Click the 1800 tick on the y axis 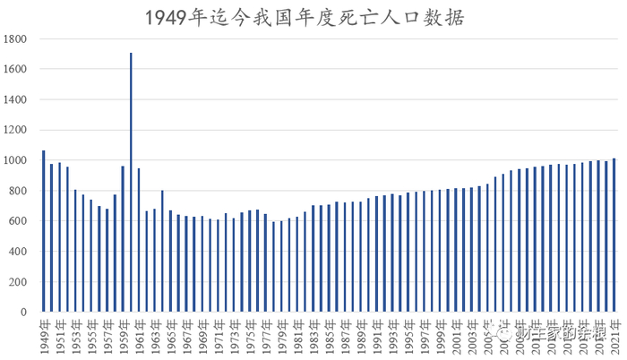[x=15, y=39]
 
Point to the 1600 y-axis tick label [x=15, y=70]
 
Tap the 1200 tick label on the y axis [x=15, y=131]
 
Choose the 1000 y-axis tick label [x=15, y=161]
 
